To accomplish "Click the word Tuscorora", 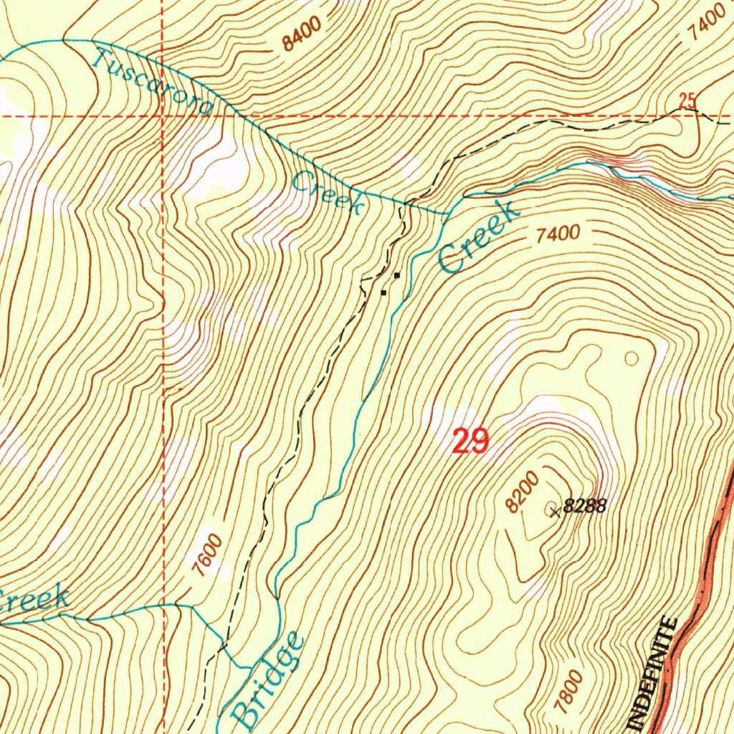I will [153, 82].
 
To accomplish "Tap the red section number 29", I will [470, 441].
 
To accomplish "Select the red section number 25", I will [687, 101].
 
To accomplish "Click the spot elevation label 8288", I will [585, 507].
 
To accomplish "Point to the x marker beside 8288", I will [555, 510].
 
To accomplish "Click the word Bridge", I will [269, 677].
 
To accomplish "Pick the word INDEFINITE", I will [656, 674].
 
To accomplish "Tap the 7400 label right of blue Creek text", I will [556, 234].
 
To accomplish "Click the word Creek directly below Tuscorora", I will [327, 191].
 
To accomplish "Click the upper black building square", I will [396, 275].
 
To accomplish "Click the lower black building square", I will [383, 292].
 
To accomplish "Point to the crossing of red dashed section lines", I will [163, 115].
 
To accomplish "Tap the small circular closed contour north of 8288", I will [631, 357].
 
